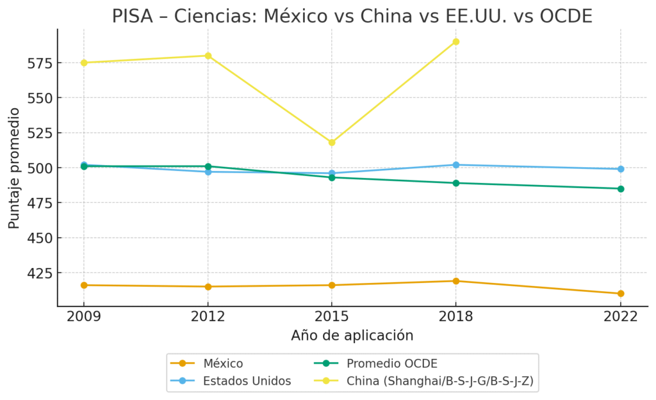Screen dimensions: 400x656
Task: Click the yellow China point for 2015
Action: [x=332, y=142]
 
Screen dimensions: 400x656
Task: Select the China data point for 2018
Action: [x=455, y=42]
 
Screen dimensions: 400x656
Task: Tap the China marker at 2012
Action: [x=208, y=56]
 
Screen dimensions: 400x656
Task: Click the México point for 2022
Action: [x=621, y=294]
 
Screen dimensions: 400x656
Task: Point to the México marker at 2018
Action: [x=455, y=281]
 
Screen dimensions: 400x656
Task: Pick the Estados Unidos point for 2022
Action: [x=621, y=169]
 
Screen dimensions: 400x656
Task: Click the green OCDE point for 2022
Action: [x=621, y=189]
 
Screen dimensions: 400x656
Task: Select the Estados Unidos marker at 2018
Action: [x=455, y=165]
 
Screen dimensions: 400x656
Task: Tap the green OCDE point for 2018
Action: [x=455, y=183]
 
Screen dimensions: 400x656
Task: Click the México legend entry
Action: [x=223, y=364]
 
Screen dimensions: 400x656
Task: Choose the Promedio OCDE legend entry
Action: [x=391, y=364]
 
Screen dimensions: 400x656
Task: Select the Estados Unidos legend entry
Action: [x=247, y=381]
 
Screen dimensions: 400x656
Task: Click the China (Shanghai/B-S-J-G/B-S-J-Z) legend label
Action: [x=439, y=381]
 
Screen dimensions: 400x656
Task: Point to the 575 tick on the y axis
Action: [x=38, y=63]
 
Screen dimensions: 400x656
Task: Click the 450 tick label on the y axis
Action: [x=38, y=238]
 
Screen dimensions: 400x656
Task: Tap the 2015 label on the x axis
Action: [x=332, y=317]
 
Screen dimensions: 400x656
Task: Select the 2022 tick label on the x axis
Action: [x=621, y=317]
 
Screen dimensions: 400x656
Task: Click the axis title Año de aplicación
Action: [x=352, y=335]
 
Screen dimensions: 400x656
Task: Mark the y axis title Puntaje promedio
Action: [x=14, y=168]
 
